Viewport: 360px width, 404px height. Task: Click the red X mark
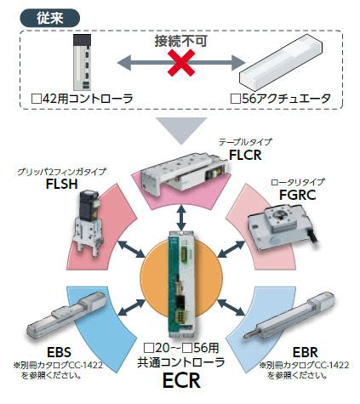coord(181,63)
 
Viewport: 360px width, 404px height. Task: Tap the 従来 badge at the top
coord(49,18)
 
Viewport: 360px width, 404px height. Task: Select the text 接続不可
coord(181,42)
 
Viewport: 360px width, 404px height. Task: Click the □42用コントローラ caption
coord(82,99)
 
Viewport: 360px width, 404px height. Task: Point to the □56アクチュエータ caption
coord(281,99)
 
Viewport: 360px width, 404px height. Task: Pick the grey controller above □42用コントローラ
coord(83,62)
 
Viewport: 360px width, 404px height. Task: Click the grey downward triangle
coord(181,131)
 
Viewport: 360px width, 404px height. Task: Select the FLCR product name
coord(245,155)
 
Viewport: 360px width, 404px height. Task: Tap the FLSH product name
coord(62,184)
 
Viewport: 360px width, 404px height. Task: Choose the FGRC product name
coord(298,195)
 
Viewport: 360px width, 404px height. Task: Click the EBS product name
coord(59,353)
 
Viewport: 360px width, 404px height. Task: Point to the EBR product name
coord(306,353)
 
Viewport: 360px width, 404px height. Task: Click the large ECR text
coord(181,380)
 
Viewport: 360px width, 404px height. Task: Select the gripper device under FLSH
coord(86,223)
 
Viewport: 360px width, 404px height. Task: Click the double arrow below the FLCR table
coord(181,218)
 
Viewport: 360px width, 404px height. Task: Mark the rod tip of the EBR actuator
coord(246,337)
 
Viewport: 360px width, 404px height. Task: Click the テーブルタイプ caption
coord(245,142)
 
